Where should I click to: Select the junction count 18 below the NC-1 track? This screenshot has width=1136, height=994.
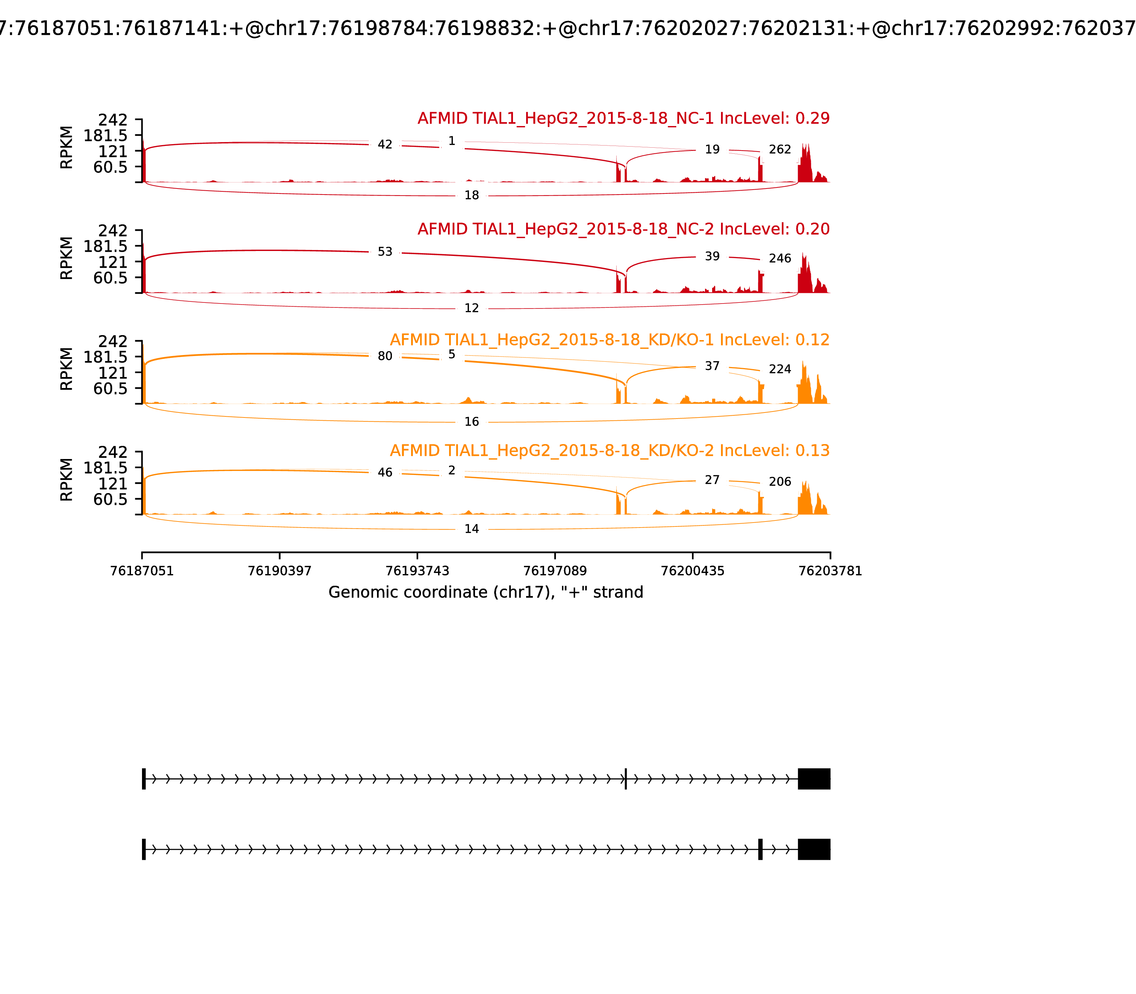point(471,195)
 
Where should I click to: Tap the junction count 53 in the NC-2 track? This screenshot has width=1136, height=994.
point(385,252)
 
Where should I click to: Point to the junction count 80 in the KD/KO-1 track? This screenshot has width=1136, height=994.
point(385,356)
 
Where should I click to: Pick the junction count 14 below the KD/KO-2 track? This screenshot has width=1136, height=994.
point(471,529)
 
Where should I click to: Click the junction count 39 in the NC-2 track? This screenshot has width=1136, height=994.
point(712,256)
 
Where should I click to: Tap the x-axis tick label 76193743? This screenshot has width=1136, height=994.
point(417,571)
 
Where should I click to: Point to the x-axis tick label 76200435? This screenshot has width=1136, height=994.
point(693,571)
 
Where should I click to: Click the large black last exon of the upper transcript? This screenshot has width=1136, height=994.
point(814,779)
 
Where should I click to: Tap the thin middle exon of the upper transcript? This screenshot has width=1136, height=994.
point(626,779)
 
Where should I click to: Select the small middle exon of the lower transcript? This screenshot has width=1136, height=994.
point(760,849)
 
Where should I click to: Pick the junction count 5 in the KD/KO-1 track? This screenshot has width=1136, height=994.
point(452,354)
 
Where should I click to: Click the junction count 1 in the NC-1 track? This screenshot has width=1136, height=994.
point(452,141)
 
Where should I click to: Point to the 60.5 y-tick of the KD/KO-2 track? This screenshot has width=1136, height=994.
point(110,499)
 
